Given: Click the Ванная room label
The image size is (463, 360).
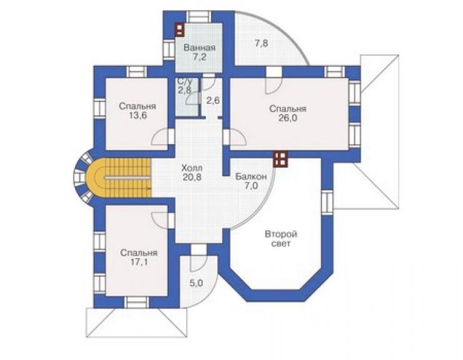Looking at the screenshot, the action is point(200,48).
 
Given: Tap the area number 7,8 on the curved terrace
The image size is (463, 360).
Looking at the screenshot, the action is point(262,43).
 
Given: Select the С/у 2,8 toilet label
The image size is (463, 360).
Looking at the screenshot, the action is point(184,86).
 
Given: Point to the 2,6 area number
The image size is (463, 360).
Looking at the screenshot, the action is point(213,101).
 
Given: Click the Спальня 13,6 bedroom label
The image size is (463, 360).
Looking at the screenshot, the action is point(138,111).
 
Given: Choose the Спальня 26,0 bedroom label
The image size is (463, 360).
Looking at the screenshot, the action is point(288,113).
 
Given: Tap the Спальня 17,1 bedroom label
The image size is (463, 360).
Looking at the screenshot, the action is point(139,257).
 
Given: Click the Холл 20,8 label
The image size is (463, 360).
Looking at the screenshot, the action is point(192,173).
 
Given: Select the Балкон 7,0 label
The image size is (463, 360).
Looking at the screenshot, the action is point(251,181).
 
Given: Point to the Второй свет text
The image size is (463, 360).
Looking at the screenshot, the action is point(281,239).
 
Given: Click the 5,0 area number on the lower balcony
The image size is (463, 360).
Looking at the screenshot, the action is point(196,283).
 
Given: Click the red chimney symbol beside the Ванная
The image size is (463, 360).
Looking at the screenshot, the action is point(180,29).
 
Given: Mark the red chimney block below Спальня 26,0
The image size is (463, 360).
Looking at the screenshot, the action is point(280,159).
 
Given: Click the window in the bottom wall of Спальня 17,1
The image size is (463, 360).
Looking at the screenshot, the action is point(137,302).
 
